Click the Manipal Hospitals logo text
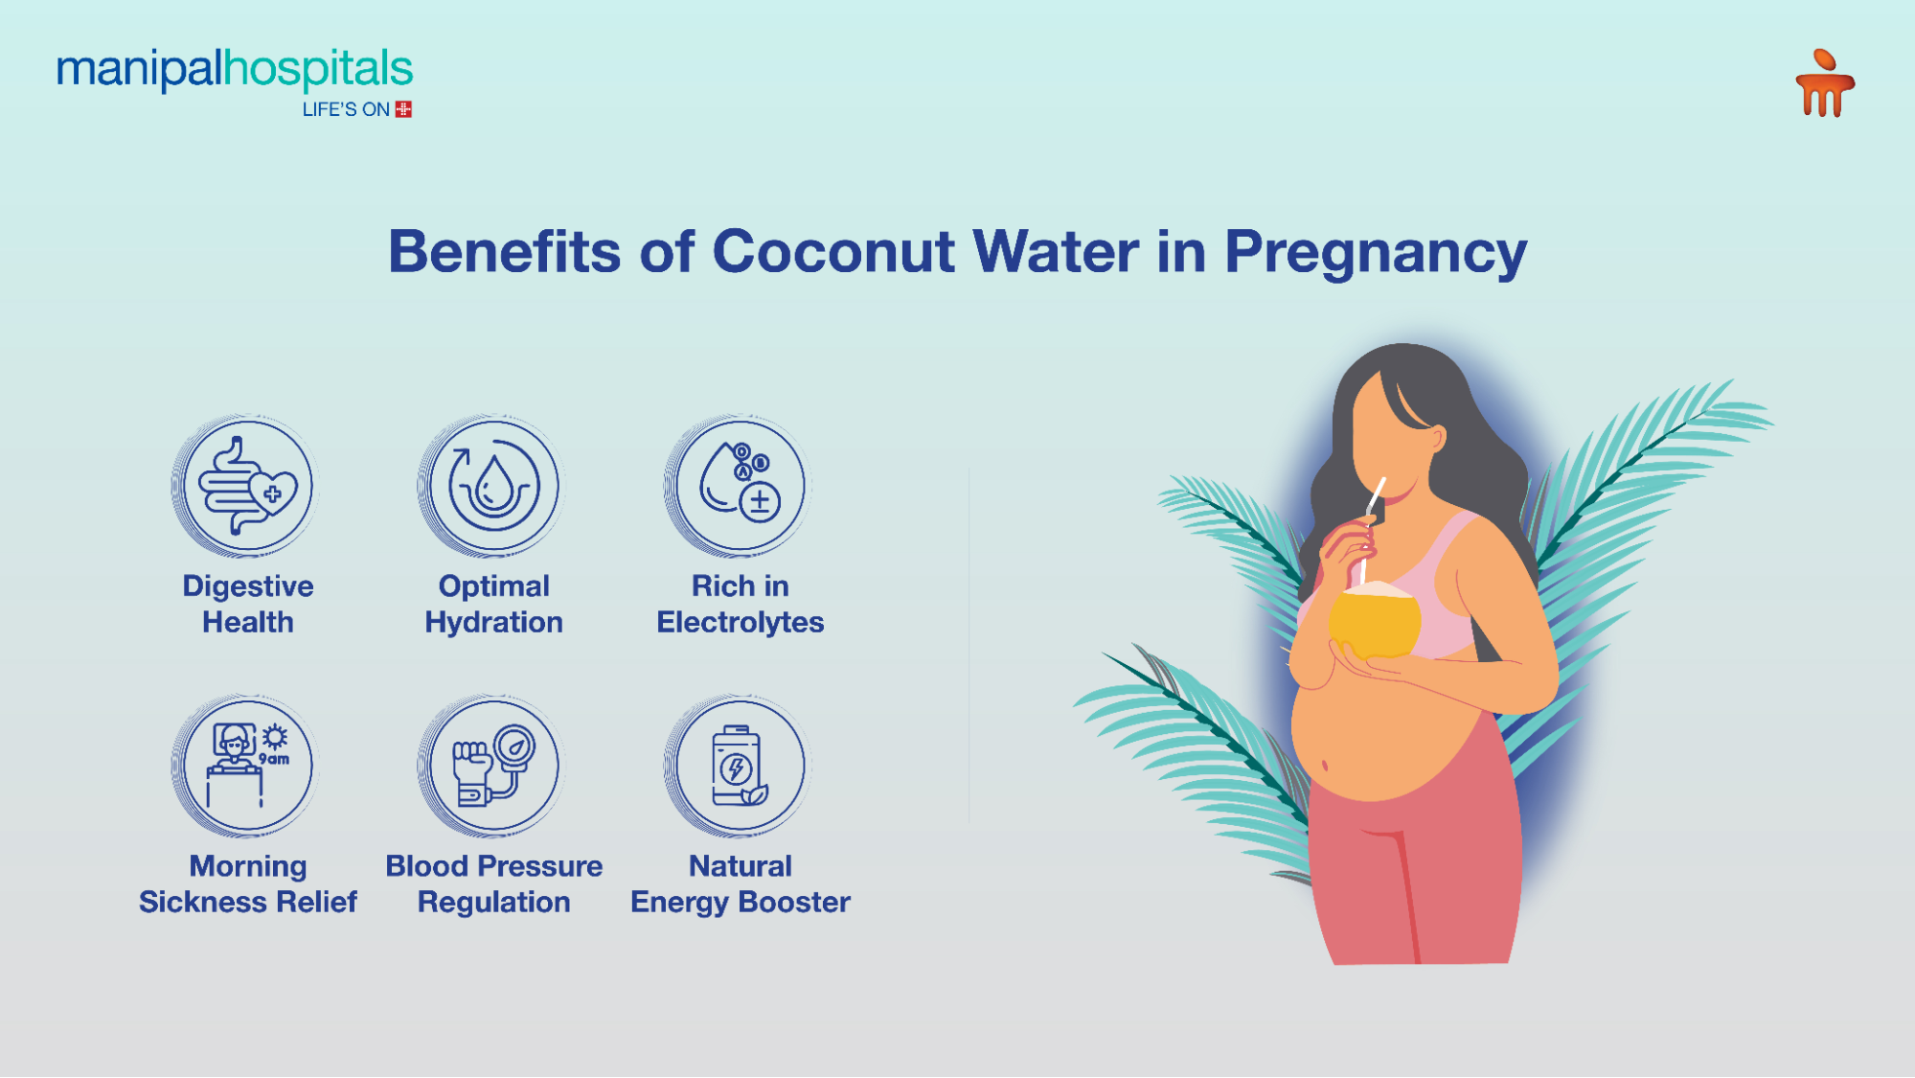tap(235, 70)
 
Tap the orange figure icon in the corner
tap(1824, 84)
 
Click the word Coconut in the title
tap(833, 252)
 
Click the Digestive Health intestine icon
tap(248, 486)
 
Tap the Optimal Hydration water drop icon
tap(493, 486)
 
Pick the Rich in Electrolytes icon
tap(740, 486)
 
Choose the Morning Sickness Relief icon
tap(248, 766)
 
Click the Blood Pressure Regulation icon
tap(493, 766)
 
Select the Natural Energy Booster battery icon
tap(740, 766)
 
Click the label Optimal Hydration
tap(493, 604)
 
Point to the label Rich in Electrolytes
tap(740, 604)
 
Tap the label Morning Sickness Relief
tap(248, 883)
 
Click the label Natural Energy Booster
tap(740, 883)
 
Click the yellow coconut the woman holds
tap(1375, 623)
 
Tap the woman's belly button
tap(1326, 765)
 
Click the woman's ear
tap(1437, 439)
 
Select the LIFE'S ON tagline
tap(346, 110)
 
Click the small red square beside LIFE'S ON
tap(403, 109)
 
